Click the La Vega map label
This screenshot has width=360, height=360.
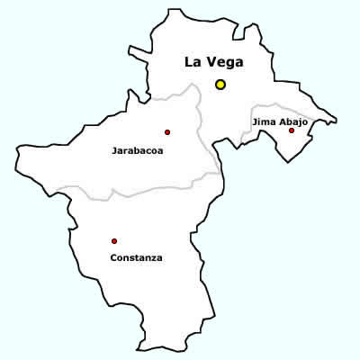pos(213,62)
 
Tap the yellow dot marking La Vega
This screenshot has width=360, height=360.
pos(220,85)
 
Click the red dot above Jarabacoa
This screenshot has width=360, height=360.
pos(167,132)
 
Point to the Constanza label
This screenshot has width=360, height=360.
pos(136,257)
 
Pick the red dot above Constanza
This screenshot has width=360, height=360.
pos(114,240)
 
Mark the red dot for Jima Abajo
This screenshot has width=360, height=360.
pos(292,130)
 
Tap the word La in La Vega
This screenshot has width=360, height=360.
pos(192,62)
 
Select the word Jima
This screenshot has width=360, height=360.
pos(265,120)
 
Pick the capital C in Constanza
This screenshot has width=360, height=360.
pos(112,257)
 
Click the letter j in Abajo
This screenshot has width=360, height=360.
pos(302,121)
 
